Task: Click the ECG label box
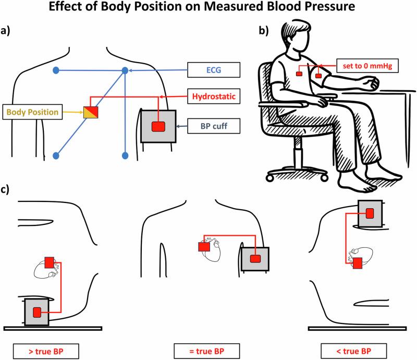click(214, 69)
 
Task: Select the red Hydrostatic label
click(214, 97)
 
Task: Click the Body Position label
click(32, 112)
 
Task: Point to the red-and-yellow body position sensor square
click(90, 111)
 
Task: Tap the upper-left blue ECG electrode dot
click(56, 70)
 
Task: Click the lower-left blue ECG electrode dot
click(56, 155)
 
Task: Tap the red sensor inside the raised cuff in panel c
click(370, 213)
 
